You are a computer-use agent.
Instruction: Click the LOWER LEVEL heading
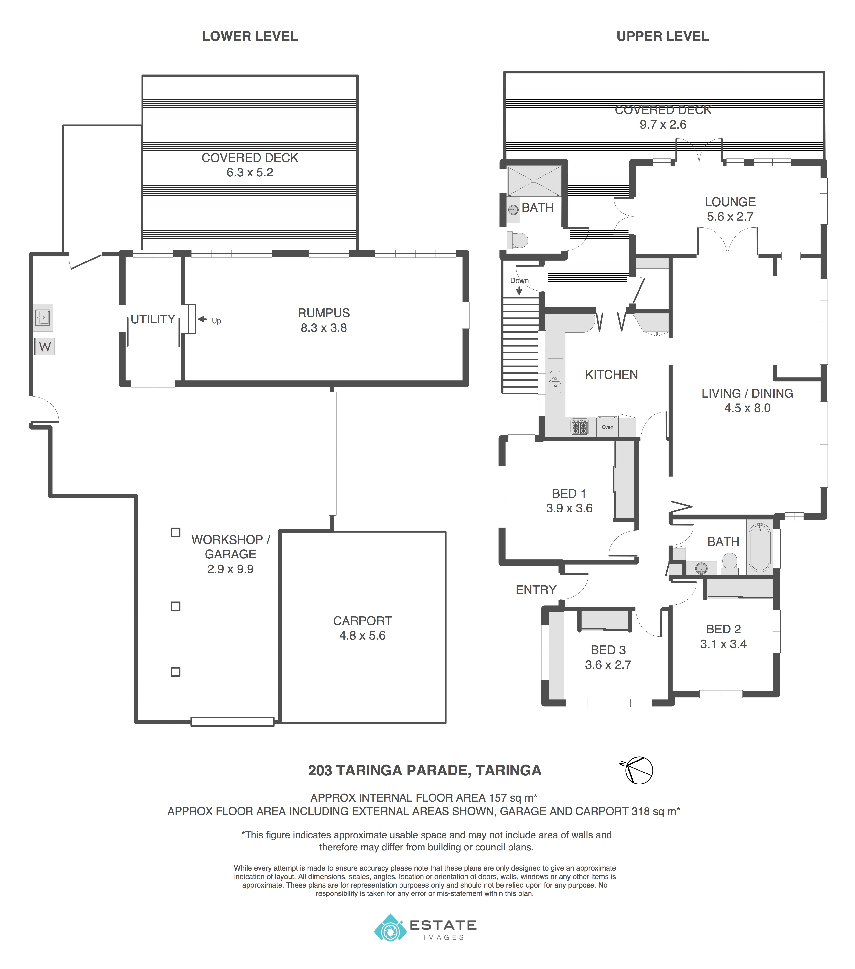click(x=250, y=36)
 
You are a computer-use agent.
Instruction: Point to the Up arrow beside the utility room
click(x=203, y=319)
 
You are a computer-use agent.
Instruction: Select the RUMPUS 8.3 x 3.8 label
click(x=324, y=320)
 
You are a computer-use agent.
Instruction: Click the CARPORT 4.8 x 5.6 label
click(x=362, y=628)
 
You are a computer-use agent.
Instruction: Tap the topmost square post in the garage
click(x=175, y=532)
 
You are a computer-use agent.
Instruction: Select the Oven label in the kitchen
click(x=607, y=427)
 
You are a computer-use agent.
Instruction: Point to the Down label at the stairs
click(x=519, y=281)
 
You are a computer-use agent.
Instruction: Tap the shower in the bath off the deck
click(x=534, y=181)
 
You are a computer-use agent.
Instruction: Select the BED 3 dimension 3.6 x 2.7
click(x=608, y=665)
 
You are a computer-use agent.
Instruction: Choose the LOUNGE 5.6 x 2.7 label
click(x=730, y=209)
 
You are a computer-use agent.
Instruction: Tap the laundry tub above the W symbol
click(x=43, y=317)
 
